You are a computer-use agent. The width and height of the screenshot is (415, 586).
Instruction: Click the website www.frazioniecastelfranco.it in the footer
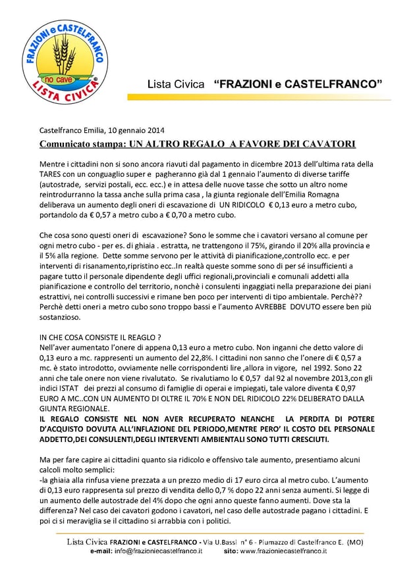(283, 550)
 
